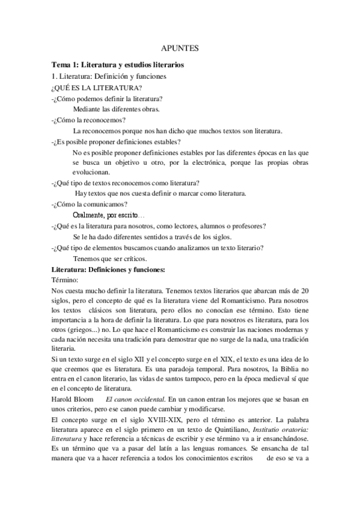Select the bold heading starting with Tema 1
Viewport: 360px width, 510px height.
[x=118, y=64]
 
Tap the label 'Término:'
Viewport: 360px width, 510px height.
[x=66, y=280]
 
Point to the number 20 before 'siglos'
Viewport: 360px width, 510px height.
[x=305, y=292]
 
